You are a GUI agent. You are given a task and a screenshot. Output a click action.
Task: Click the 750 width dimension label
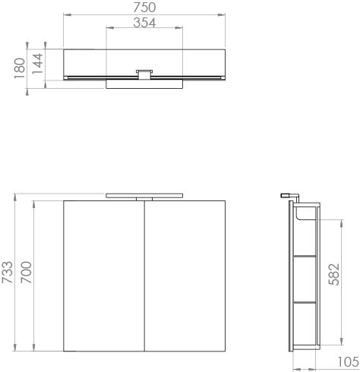tap(144, 8)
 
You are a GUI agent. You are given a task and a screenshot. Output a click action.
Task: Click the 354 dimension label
tap(144, 23)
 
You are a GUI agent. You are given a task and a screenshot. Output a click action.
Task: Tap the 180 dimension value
tap(19, 67)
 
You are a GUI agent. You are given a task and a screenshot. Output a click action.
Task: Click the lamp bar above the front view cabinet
tap(144, 194)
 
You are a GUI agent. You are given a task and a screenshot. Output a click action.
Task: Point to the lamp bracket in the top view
tap(144, 73)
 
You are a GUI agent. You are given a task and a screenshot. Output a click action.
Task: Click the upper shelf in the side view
tap(305, 257)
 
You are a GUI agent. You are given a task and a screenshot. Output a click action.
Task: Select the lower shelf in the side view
tap(305, 301)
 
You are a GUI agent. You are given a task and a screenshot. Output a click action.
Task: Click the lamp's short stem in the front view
tap(144, 199)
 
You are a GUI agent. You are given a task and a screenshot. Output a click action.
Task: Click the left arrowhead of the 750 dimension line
tap(66, 14)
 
